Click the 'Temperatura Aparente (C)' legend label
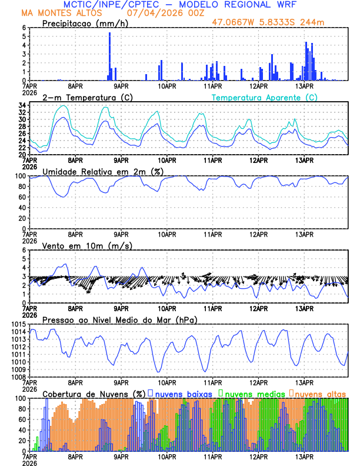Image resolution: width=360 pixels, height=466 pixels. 265,97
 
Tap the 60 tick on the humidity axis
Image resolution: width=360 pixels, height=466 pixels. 21,197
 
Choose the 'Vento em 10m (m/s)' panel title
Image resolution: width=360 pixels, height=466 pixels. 87,245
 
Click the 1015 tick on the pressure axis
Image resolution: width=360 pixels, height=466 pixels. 16,325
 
